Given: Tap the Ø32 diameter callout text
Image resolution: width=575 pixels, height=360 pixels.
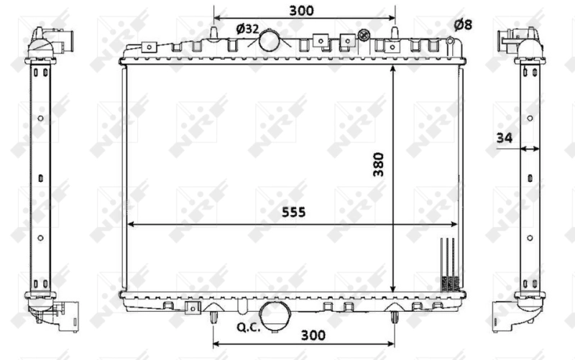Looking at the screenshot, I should (247, 28).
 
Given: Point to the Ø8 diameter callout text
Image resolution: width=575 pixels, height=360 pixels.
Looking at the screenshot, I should (463, 25).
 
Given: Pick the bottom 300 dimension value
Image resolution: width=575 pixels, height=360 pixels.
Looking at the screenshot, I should (314, 335).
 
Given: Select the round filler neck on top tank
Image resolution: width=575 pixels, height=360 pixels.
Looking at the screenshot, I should (271, 40).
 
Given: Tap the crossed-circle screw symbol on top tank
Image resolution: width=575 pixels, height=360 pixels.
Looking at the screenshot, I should (363, 34).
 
